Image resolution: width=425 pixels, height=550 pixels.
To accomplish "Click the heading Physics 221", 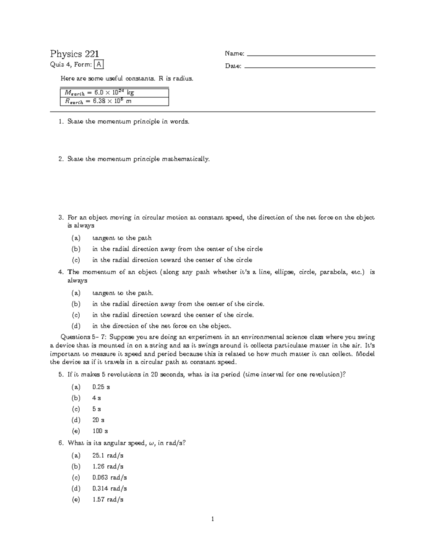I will [x=74, y=54].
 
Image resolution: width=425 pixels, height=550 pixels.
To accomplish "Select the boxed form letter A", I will [x=100, y=64].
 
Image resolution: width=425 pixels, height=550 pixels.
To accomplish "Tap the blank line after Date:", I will [x=310, y=67].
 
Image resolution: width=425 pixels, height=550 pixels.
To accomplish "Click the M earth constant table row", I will [x=114, y=93].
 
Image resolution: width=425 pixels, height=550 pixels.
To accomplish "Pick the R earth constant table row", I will [x=114, y=101].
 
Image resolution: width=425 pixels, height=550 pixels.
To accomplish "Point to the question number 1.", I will [x=61, y=121].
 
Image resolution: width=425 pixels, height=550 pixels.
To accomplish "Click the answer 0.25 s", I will [x=101, y=387].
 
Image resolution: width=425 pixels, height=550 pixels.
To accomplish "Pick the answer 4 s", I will [x=96, y=398].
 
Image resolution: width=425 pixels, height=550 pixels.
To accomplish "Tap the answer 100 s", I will [x=100, y=431].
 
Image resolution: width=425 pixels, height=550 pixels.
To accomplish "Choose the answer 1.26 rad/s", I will [x=108, y=466].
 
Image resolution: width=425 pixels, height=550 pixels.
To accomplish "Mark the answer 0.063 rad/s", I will [x=109, y=477].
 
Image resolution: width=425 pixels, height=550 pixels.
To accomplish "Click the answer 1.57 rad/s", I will [x=108, y=499].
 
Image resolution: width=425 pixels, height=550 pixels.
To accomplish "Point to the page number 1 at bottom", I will [x=212, y=519].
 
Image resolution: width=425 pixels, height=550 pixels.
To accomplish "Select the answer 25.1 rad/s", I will [x=108, y=455].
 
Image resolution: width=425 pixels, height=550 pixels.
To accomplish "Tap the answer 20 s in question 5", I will [x=98, y=420].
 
